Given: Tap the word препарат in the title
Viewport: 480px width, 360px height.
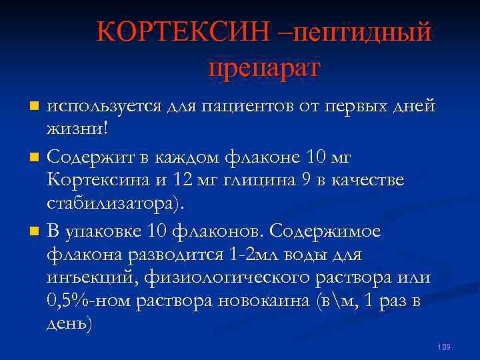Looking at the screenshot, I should (264, 67).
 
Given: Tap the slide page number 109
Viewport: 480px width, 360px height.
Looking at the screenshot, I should (444, 347).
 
